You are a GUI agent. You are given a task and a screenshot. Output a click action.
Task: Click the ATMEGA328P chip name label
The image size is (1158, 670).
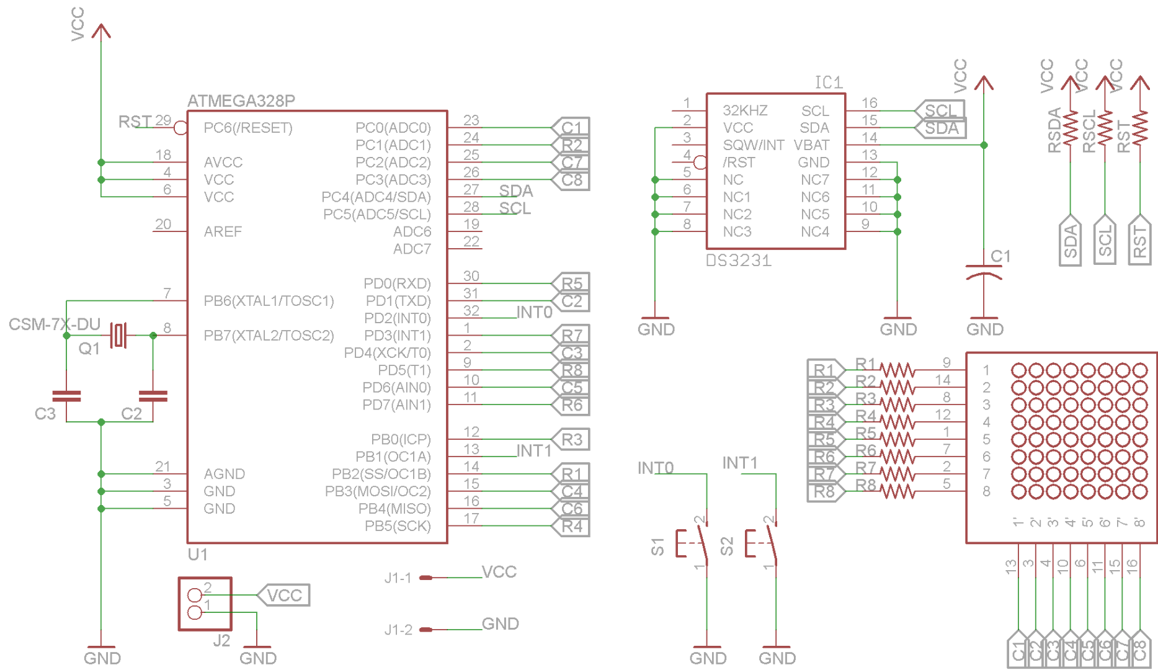241,100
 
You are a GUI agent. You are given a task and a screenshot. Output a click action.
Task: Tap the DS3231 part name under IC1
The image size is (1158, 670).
738,261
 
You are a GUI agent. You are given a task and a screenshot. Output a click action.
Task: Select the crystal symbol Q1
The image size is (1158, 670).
118,335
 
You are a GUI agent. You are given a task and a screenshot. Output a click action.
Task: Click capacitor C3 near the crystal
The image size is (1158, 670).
66,396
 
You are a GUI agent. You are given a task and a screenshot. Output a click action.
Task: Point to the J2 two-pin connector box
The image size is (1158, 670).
205,604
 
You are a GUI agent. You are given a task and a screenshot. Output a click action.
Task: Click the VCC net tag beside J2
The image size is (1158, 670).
284,596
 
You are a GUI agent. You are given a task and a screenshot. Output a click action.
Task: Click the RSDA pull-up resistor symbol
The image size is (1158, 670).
1071,128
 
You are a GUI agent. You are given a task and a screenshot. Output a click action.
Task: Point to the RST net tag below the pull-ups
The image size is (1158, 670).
1139,241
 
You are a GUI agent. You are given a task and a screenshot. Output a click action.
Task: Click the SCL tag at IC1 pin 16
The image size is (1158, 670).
940,110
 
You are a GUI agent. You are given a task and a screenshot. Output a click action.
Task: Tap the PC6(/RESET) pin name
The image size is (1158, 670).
247,128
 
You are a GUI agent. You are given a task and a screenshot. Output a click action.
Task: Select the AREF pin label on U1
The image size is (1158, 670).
223,231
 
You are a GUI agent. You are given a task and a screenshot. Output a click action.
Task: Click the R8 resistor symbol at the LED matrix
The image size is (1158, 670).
896,491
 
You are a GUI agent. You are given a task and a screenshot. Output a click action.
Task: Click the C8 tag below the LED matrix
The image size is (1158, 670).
1139,650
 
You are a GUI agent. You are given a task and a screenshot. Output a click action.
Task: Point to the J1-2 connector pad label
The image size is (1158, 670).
398,630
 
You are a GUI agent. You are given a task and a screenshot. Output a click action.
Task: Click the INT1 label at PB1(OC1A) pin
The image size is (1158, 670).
533,450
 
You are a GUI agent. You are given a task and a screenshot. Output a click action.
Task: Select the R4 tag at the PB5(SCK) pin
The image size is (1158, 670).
571,527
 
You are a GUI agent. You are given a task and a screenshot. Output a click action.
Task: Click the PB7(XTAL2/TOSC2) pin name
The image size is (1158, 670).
269,336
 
